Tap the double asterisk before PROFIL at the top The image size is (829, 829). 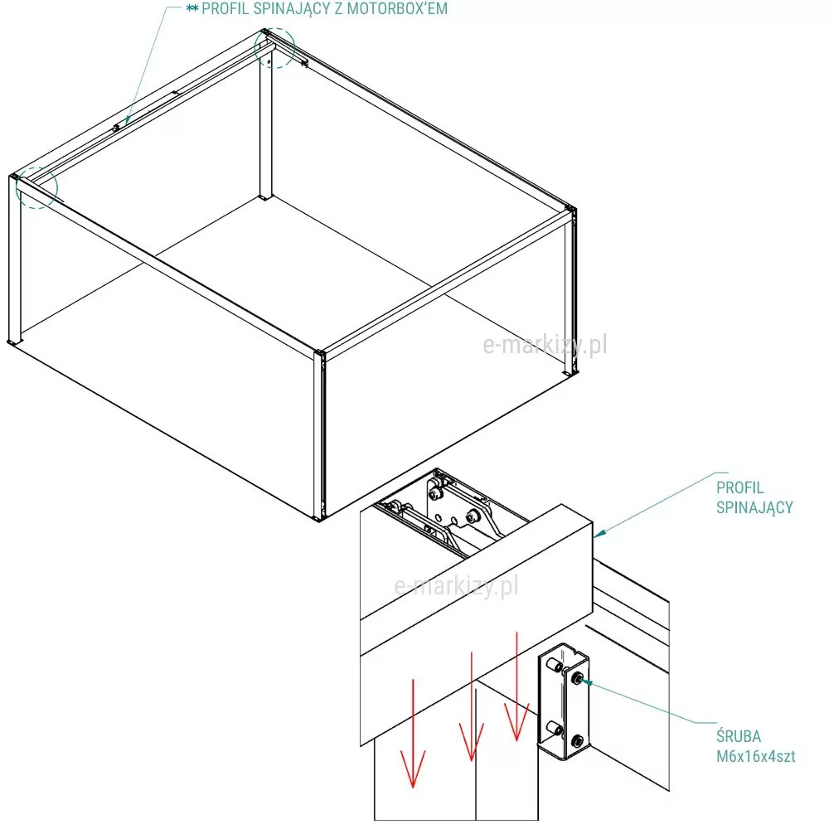click(x=192, y=8)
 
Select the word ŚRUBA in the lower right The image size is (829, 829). click(x=739, y=735)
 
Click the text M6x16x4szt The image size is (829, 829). click(x=755, y=757)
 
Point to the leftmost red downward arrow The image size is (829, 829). click(x=413, y=734)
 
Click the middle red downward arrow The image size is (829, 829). click(x=471, y=707)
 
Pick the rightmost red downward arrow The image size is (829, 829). click(x=516, y=686)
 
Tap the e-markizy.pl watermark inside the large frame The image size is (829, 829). click(x=545, y=345)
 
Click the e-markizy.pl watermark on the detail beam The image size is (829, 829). click(x=456, y=586)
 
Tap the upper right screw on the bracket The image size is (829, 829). click(x=579, y=677)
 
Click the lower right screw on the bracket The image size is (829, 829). click(x=578, y=741)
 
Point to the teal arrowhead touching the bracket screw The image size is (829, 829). click(x=587, y=682)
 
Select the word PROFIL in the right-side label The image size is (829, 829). click(x=740, y=487)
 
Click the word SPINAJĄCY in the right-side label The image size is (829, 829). click(x=754, y=508)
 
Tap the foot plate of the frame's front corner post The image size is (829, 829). click(x=318, y=518)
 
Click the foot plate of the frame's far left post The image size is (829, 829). click(x=12, y=343)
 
